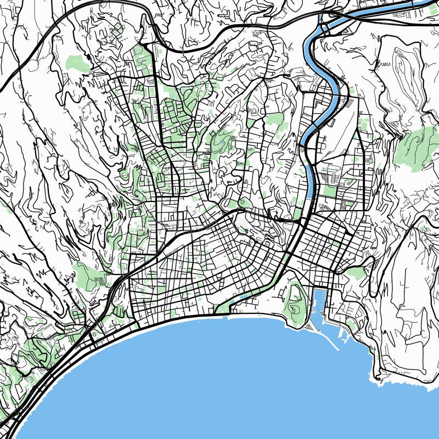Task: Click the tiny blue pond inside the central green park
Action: (223, 145)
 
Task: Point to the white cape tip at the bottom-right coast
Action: (378, 378)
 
